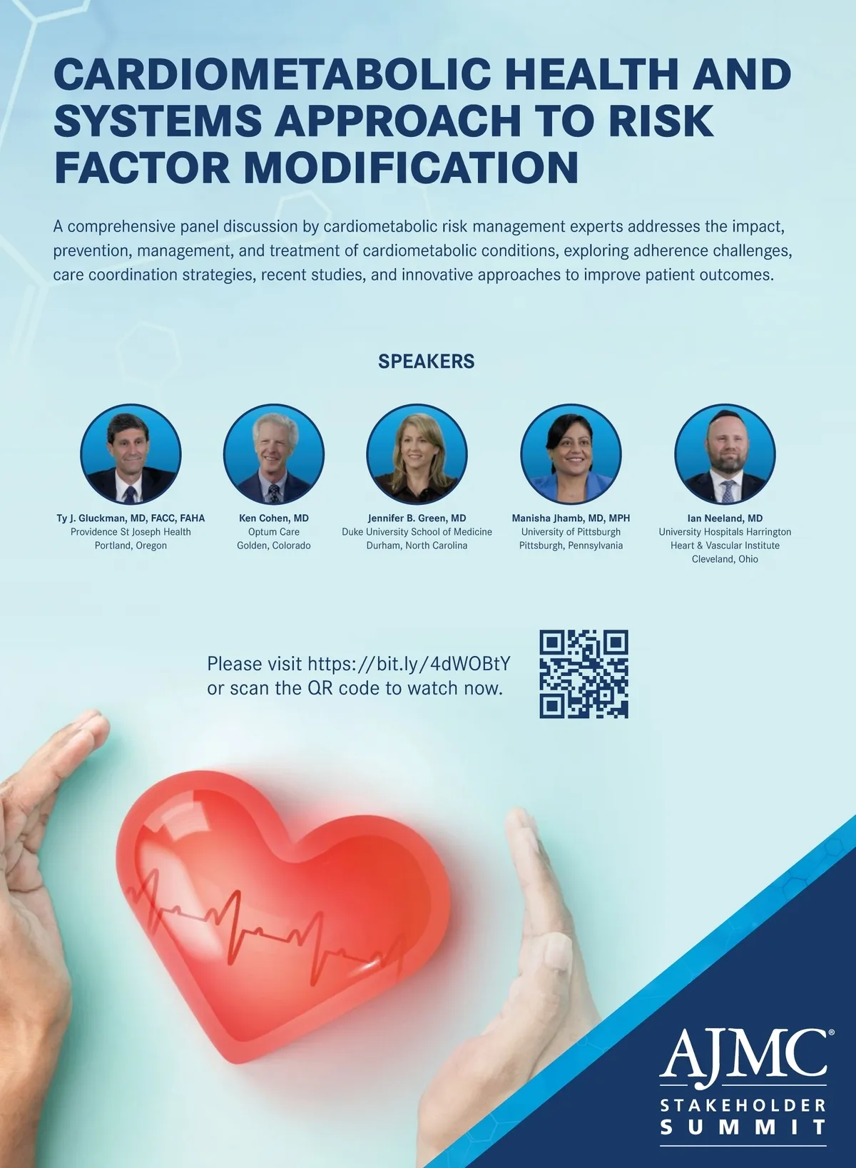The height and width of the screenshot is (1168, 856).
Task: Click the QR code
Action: [x=584, y=674]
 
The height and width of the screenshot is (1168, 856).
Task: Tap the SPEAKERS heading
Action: [x=426, y=362]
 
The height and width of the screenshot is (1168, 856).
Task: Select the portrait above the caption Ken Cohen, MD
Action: [x=274, y=454]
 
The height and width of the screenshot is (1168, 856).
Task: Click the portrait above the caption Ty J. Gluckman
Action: [x=131, y=454]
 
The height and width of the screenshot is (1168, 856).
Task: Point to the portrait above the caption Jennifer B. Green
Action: [x=417, y=454]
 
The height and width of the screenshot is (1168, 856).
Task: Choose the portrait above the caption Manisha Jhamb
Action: [x=571, y=454]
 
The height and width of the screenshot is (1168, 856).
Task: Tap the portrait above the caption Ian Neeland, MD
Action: [x=725, y=454]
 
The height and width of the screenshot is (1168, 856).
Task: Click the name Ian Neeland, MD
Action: [x=725, y=518]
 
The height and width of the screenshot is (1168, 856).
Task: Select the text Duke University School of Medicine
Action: [x=417, y=532]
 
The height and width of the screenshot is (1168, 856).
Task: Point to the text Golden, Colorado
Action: [x=274, y=545]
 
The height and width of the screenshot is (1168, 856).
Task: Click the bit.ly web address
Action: [x=409, y=664]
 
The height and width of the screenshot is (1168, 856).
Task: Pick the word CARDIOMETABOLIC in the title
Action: [x=272, y=74]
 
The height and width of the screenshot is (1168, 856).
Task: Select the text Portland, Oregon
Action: [x=131, y=545]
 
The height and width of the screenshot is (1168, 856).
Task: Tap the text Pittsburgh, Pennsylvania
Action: [x=571, y=545]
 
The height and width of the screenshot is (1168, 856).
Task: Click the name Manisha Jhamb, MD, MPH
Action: [x=571, y=518]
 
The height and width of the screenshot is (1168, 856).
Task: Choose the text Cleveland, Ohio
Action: [x=725, y=559]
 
